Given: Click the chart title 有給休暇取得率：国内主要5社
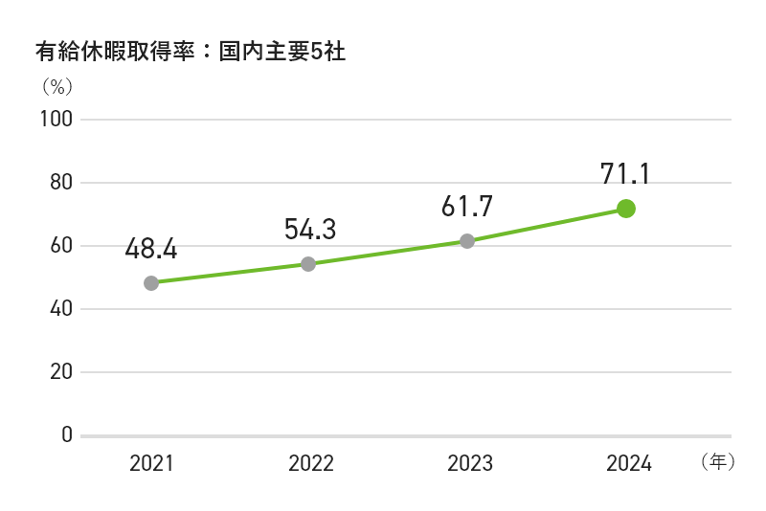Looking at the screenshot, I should point(189,52).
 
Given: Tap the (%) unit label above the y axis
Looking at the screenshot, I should point(56,87).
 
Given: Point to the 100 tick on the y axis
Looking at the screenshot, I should point(56,120).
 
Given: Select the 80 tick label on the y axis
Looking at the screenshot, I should point(61,183).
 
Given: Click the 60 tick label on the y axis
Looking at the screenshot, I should point(61,246).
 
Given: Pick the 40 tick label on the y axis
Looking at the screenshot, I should point(61,309).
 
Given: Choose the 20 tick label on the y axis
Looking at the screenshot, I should point(61,372).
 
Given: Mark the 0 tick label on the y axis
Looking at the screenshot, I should point(67,435).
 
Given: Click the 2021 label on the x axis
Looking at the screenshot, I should point(151,464).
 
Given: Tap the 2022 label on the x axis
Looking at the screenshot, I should point(310,464).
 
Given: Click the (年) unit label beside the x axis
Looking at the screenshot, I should point(717,462).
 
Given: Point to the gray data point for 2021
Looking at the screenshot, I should point(151,283).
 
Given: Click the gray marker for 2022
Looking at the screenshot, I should point(308,264).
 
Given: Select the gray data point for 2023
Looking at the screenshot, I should point(467,241).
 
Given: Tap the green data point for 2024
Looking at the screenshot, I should point(626,209).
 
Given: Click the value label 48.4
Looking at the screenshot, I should point(151,250).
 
